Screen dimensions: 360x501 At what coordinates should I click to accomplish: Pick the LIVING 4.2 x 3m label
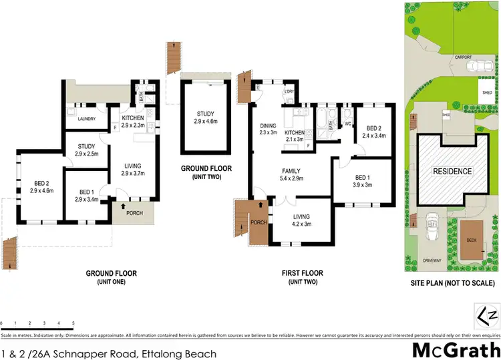pos(301,220)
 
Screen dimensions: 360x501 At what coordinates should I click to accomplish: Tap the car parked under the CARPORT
pos(476,67)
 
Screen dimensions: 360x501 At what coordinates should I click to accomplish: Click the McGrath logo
pos(456,349)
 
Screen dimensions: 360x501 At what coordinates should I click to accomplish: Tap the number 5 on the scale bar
pos(72,323)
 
